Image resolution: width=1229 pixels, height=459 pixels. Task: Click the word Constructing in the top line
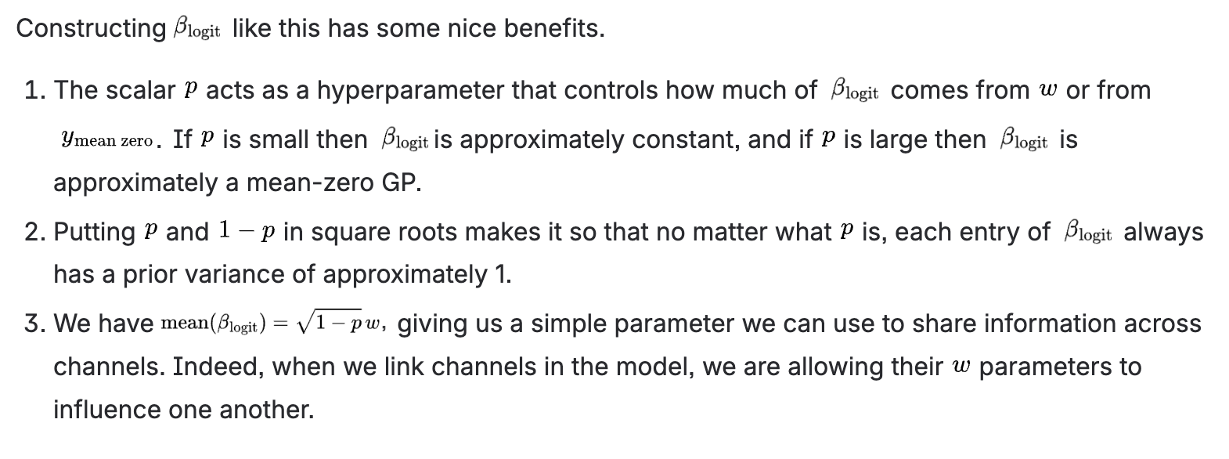coord(90,29)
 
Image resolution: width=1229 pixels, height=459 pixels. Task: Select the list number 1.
coord(34,91)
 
